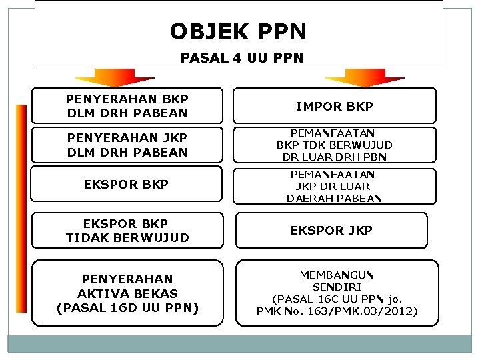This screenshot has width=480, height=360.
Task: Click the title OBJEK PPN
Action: tap(238, 31)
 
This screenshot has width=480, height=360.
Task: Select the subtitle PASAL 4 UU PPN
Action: tap(241, 58)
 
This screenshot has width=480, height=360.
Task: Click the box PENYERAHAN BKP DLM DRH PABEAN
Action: tap(127, 106)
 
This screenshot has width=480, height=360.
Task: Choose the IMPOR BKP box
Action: tap(334, 106)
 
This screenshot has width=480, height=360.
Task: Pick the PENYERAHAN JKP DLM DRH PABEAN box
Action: tap(127, 145)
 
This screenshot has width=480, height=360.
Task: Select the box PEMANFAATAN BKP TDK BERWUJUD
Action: tap(334, 145)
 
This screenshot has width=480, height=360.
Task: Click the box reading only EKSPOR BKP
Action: tap(127, 184)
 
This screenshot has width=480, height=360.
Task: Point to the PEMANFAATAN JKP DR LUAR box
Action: tap(334, 185)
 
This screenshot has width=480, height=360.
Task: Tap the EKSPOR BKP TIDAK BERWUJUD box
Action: tap(127, 230)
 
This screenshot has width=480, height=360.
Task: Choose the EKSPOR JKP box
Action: tap(331, 230)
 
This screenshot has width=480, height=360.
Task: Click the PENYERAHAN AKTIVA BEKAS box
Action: tap(127, 293)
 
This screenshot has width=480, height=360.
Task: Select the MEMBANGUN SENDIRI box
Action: tap(337, 293)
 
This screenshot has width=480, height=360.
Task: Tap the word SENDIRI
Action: tap(337, 287)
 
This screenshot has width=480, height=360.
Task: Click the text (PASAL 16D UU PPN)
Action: tap(127, 308)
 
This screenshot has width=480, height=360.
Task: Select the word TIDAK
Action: tap(87, 237)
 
